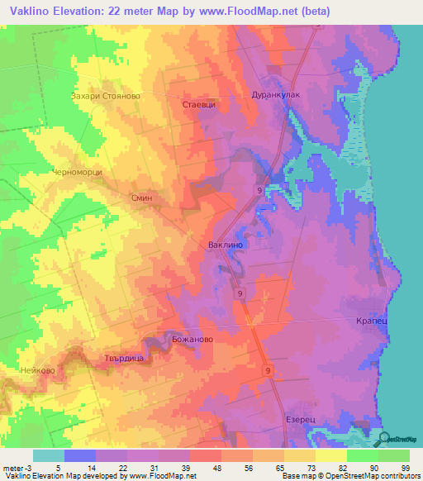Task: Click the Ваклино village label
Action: point(225,245)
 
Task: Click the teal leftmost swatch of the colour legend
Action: point(49,455)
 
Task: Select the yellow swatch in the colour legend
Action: point(330,455)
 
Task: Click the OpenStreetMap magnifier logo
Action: point(385,439)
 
